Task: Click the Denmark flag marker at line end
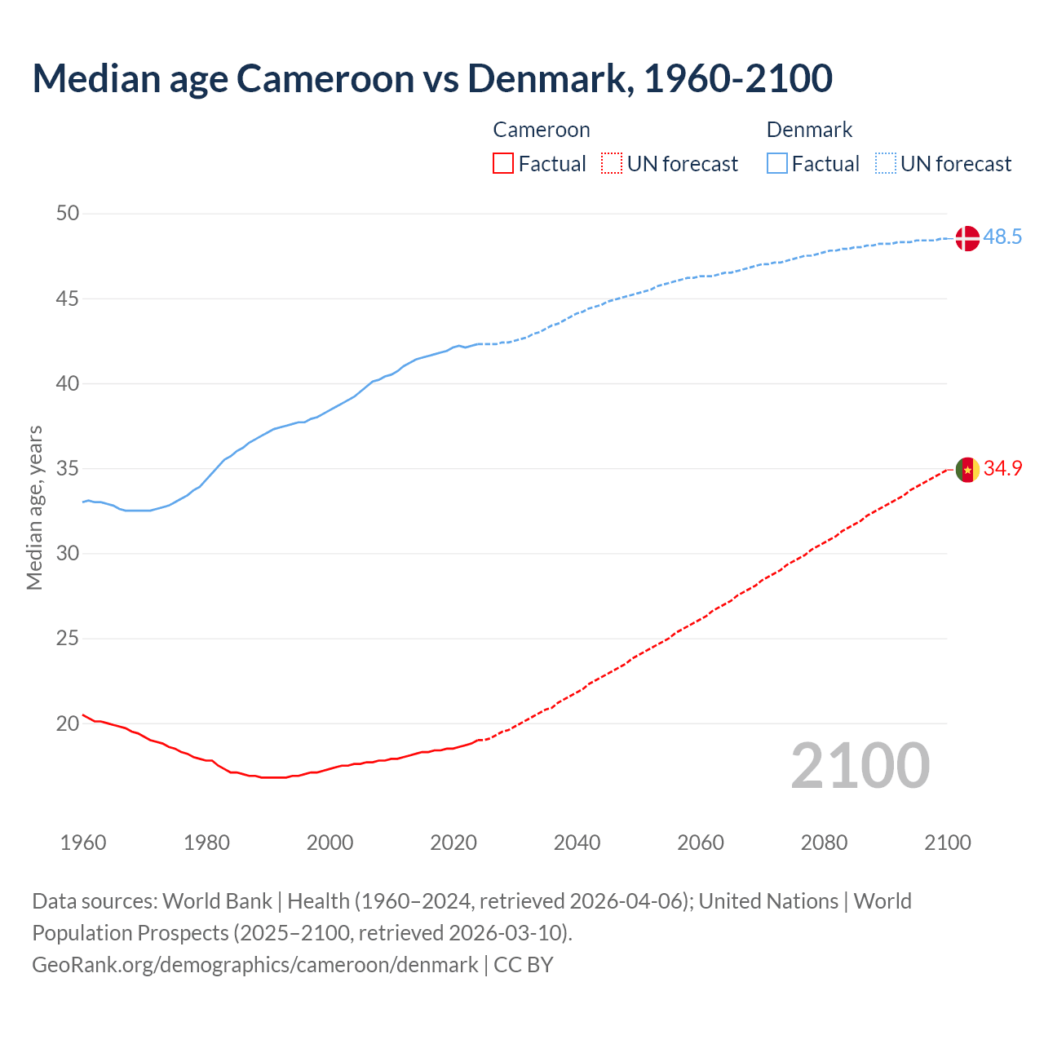[x=967, y=238]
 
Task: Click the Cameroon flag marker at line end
[x=967, y=470]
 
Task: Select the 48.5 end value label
[x=1002, y=237]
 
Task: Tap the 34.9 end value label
[x=1002, y=469]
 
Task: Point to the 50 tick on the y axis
[x=68, y=214]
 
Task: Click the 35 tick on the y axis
[x=68, y=469]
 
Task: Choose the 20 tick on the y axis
[x=68, y=723]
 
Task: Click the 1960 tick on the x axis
[x=83, y=843]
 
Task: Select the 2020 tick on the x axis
[x=453, y=843]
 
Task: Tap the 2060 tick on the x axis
[x=701, y=843]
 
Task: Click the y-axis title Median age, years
[x=34, y=507]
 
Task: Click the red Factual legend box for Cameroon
[x=503, y=164]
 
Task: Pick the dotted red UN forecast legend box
[x=612, y=164]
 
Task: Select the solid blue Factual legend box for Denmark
[x=776, y=164]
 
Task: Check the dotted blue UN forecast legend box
[x=885, y=164]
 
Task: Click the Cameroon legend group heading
[x=541, y=130]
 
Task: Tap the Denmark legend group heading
[x=809, y=130]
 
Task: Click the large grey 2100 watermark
[x=860, y=766]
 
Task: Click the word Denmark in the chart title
[x=547, y=78]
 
